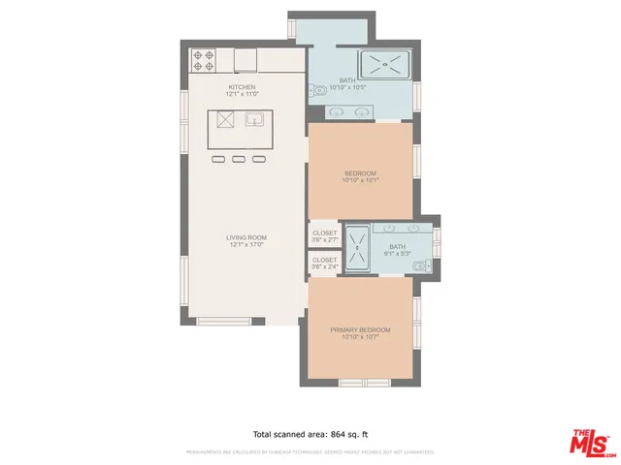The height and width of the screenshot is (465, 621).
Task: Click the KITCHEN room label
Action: point(242,87)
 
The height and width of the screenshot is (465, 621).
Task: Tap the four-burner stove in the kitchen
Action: point(203,60)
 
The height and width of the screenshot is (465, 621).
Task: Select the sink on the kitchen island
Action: point(255,120)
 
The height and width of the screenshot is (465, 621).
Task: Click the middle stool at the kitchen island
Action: point(238,159)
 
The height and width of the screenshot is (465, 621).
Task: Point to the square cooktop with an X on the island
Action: point(225,120)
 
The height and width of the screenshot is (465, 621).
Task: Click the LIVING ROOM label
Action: point(246,237)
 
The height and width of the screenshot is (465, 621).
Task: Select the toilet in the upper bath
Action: point(317,93)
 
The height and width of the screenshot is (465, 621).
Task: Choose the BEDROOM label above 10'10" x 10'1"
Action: point(360,173)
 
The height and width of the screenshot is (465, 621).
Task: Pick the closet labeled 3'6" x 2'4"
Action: point(324,263)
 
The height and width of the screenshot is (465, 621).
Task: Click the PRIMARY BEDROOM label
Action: point(360,330)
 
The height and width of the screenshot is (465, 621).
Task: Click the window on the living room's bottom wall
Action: point(224,321)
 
